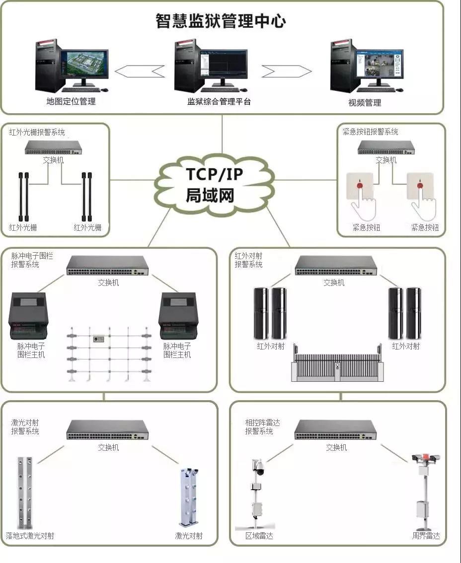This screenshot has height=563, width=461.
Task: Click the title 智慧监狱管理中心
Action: click(x=221, y=21)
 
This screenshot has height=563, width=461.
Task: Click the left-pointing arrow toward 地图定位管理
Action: click(x=140, y=71)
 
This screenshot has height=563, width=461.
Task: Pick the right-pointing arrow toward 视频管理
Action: click(x=286, y=71)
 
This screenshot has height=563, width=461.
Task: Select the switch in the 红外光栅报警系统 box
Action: click(x=53, y=147)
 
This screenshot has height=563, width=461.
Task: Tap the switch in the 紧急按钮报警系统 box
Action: click(x=386, y=147)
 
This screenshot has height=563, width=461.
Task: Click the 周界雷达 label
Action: click(x=426, y=536)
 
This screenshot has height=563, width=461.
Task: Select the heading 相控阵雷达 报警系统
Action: click(x=262, y=427)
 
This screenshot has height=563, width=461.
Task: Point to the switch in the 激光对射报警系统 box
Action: click(x=108, y=430)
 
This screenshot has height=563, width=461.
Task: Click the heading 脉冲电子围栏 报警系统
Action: click(x=32, y=260)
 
